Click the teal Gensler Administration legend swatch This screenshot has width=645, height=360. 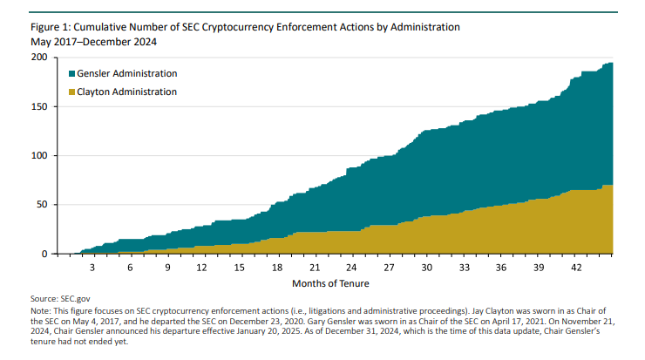click(71, 73)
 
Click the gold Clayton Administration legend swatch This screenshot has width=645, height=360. click(71, 92)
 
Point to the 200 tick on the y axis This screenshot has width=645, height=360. click(39, 58)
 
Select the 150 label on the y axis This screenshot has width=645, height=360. click(39, 106)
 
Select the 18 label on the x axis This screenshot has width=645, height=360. click(277, 267)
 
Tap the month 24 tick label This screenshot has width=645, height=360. click(352, 267)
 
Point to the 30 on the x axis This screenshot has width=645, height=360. click(427, 267)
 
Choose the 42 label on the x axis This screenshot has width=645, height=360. click(576, 267)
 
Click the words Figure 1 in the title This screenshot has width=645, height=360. click(51, 27)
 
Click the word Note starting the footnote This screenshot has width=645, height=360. click(40, 311)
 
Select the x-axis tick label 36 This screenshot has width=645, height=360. click(501, 267)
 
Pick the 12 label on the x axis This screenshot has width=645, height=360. click(202, 267)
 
